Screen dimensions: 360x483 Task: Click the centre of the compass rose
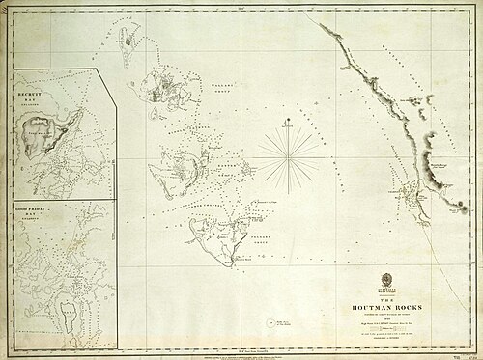click(x=287, y=154)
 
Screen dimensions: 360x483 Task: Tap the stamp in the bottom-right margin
click(x=471, y=353)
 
